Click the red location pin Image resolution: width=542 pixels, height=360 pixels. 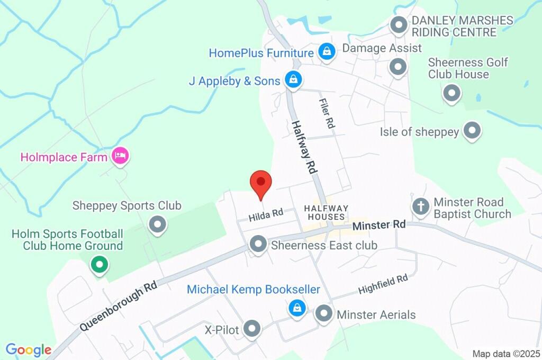pos(260,184)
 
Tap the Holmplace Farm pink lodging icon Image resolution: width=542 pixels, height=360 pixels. pos(121,156)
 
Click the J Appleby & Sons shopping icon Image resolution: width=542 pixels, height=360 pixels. pos(292,80)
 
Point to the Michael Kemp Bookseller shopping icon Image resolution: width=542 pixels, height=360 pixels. pos(297,307)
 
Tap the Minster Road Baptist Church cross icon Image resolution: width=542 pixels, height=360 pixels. pos(421,206)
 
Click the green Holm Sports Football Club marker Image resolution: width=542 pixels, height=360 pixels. pos(98,264)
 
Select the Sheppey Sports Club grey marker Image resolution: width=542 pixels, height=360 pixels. pos(157,224)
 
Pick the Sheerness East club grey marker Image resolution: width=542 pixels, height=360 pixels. pos(258,244)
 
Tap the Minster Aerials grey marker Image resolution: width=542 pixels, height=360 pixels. pos(324,313)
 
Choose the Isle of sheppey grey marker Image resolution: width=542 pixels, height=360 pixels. pos(472,130)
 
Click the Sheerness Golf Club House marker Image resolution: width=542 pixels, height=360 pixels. pos(451,93)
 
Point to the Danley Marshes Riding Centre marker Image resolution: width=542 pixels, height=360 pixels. pos(398,24)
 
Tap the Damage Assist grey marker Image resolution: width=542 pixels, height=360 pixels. pos(397,67)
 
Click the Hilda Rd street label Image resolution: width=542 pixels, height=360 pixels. pos(266,214)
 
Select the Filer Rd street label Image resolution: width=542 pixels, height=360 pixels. pos(327,113)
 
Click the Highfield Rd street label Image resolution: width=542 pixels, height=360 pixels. pos(383,284)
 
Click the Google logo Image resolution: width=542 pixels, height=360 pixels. pos(29,350)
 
